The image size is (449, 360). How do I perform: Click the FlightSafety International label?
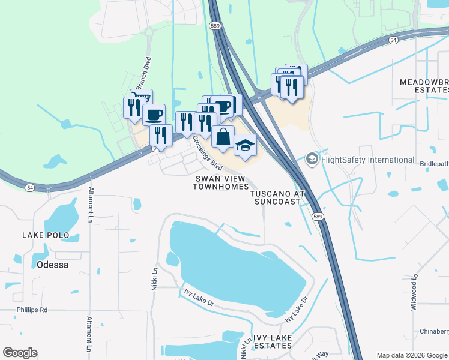(368, 160)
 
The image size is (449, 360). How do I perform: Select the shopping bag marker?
(223, 137)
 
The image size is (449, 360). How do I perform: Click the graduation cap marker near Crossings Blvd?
(245, 145)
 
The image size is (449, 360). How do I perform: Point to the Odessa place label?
(52, 264)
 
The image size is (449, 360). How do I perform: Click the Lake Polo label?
(46, 235)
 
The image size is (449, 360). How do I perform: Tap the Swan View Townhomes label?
(220, 182)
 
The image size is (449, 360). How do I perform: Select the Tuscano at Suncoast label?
(275, 198)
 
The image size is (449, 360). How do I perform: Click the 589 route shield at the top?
(215, 26)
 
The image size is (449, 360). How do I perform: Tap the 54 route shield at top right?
(393, 40)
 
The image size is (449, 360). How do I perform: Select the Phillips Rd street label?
(32, 310)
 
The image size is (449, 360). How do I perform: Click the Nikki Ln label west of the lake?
(155, 280)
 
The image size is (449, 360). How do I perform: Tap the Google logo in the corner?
(20, 353)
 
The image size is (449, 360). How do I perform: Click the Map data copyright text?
(412, 355)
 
